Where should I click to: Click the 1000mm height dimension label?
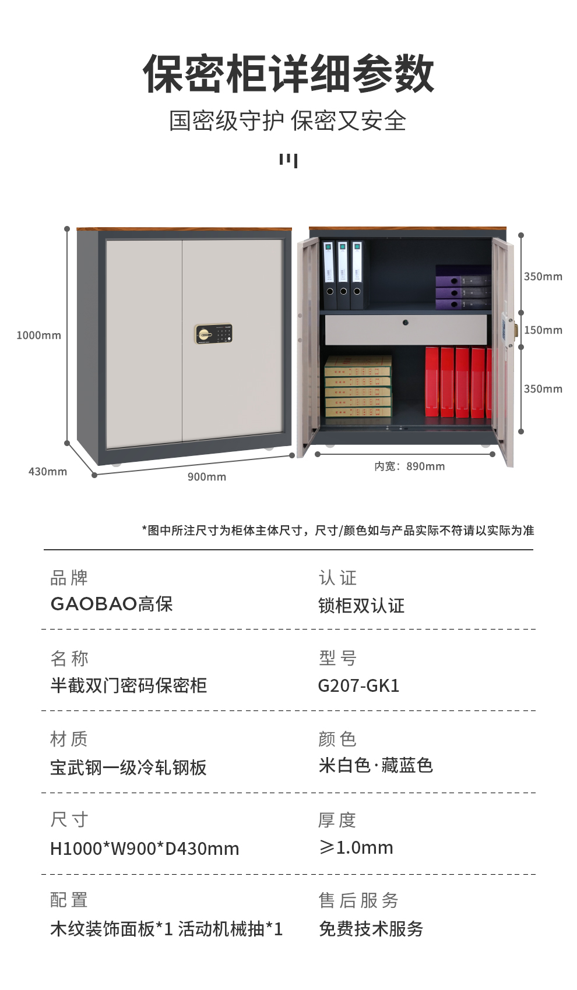(x=38, y=335)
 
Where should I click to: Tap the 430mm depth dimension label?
(x=48, y=472)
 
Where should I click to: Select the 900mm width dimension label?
(x=207, y=477)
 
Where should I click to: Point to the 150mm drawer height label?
(x=543, y=330)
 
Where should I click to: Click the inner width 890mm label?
(x=409, y=466)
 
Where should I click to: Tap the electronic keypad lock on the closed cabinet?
(x=213, y=334)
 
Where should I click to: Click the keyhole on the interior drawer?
(x=406, y=323)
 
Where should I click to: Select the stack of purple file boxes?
(x=463, y=287)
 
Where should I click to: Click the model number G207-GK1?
(x=358, y=685)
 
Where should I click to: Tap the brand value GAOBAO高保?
(x=111, y=604)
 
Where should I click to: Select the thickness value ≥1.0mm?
(x=356, y=847)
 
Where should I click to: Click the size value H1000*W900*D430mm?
(x=145, y=848)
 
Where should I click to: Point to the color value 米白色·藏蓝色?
(x=375, y=765)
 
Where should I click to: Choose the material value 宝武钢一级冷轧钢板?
(x=128, y=768)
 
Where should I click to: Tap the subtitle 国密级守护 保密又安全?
(x=287, y=121)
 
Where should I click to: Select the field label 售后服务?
(x=358, y=900)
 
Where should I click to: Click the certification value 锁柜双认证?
(x=361, y=606)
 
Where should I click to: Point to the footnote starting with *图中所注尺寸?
(x=338, y=531)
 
